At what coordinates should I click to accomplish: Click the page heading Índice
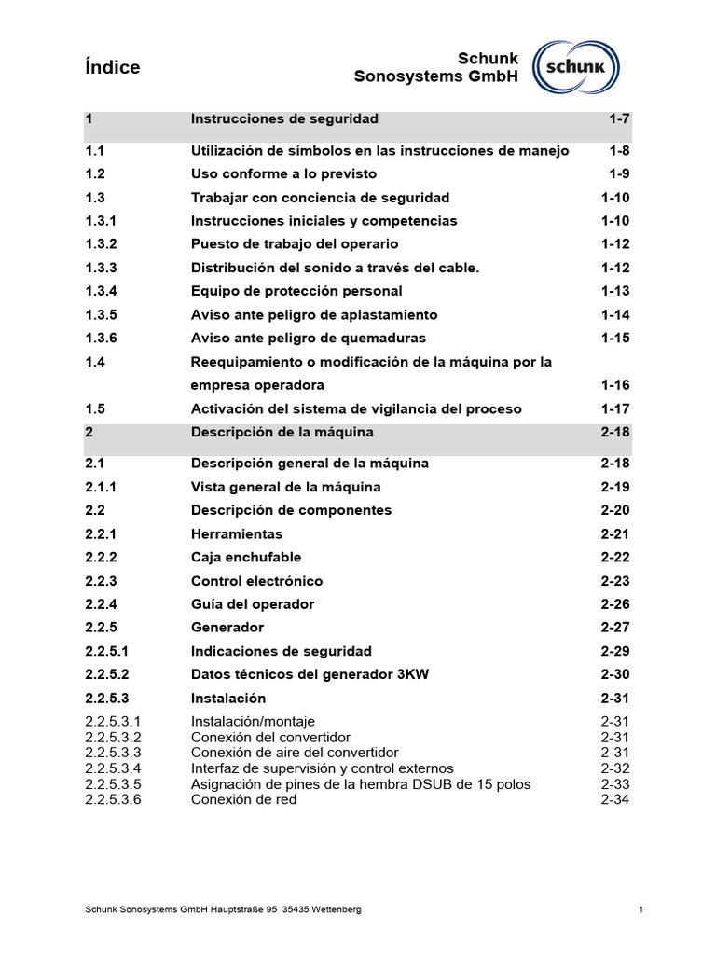click(112, 67)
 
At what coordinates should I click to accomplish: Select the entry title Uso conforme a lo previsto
click(284, 174)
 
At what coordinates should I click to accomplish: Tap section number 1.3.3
click(101, 268)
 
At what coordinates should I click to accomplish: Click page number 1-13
click(615, 291)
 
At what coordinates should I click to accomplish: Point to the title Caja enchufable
click(246, 557)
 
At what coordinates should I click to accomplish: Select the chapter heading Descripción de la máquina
click(282, 432)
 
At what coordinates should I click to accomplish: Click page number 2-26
click(615, 604)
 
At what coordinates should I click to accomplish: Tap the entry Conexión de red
click(244, 799)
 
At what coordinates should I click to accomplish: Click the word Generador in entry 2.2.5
click(227, 628)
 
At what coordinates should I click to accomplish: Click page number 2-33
click(615, 783)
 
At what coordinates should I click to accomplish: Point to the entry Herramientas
click(236, 533)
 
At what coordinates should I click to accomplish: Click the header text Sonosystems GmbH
click(435, 76)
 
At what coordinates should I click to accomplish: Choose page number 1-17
click(615, 408)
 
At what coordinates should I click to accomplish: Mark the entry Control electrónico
click(256, 581)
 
